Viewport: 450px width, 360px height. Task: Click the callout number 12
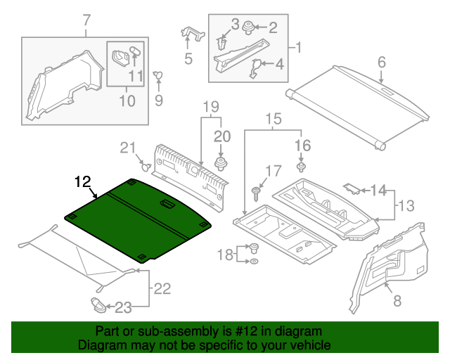point(83,181)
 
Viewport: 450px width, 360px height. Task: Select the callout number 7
point(86,20)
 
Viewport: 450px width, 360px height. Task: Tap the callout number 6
point(382,62)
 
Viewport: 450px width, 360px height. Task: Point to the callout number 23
point(123,307)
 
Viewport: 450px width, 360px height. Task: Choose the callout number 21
point(127,147)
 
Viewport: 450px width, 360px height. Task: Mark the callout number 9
point(158,101)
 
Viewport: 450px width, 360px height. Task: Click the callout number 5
point(188,59)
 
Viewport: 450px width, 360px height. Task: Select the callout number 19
point(212,107)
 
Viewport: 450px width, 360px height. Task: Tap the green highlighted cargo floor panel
point(141,218)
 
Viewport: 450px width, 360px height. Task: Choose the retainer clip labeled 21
point(146,167)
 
